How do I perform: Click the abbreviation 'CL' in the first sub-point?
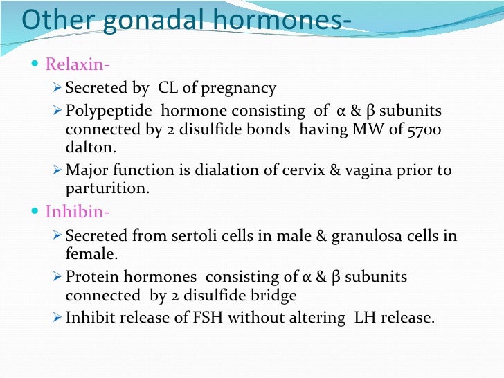pyautogui.click(x=169, y=89)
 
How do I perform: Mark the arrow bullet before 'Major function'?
pyautogui.click(x=58, y=170)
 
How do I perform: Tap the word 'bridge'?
pyautogui.click(x=273, y=296)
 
